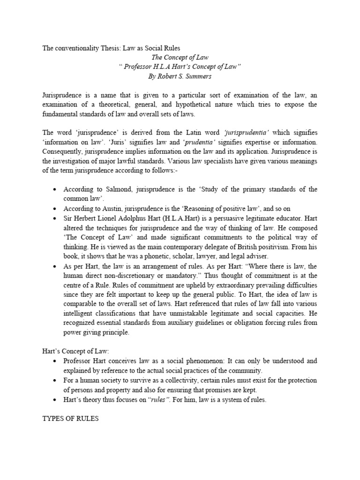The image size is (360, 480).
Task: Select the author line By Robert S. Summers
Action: (x=180, y=76)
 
